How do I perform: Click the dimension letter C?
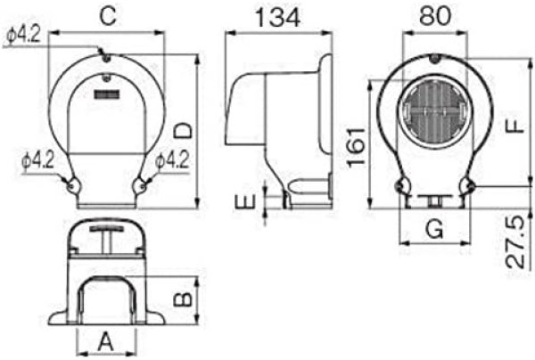pyautogui.click(x=107, y=15)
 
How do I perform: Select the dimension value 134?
pyautogui.click(x=276, y=17)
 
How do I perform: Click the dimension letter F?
pyautogui.click(x=514, y=124)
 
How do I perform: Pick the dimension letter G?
pyautogui.click(x=434, y=228)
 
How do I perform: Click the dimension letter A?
pyautogui.click(x=104, y=340)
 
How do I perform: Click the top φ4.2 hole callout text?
pyautogui.click(x=21, y=36)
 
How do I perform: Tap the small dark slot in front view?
pyautogui.click(x=107, y=93)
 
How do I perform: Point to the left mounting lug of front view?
pyautogui.click(x=70, y=184)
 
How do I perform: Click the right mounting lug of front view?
pyautogui.click(x=141, y=184)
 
